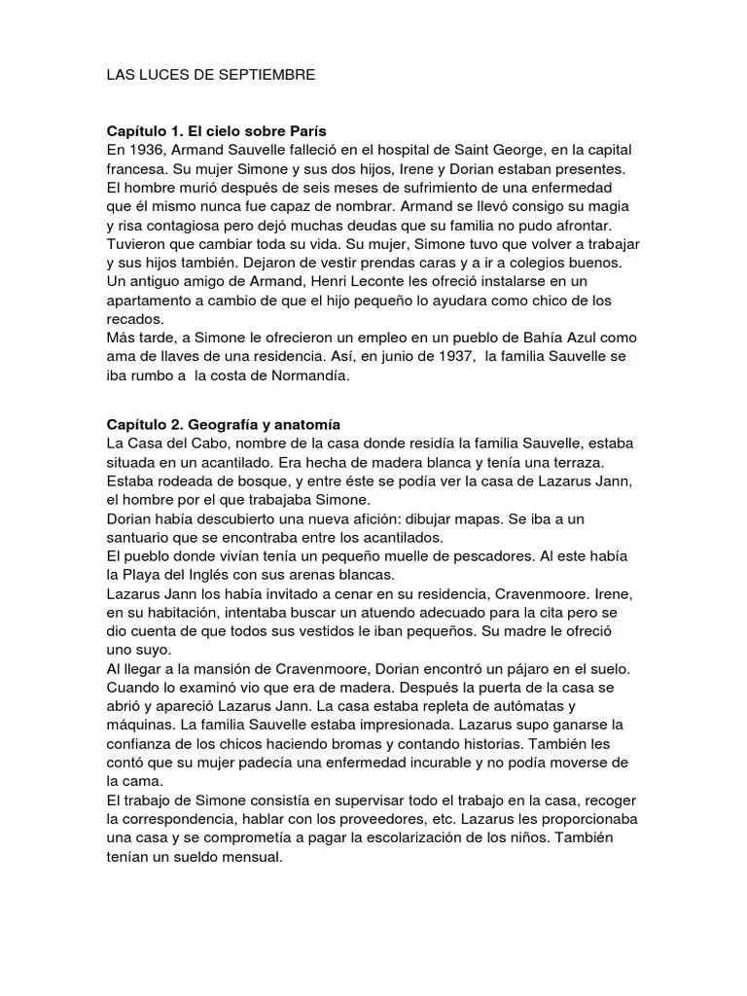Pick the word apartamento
154,301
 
